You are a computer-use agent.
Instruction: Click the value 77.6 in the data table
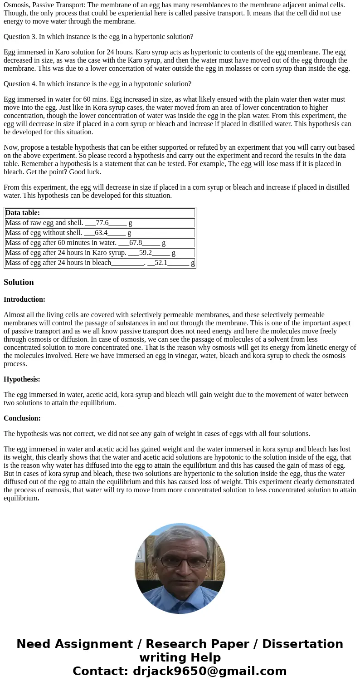click(102, 223)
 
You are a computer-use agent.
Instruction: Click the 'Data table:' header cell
click(23, 213)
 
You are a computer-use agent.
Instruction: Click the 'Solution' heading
click(19, 282)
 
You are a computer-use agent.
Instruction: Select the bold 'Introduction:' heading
click(24, 299)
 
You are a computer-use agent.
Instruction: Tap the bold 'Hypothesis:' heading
click(22, 379)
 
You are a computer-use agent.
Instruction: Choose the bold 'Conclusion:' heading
click(22, 418)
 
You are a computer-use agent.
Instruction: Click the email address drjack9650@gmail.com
click(209, 671)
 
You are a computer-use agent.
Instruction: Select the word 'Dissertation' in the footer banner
click(302, 644)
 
